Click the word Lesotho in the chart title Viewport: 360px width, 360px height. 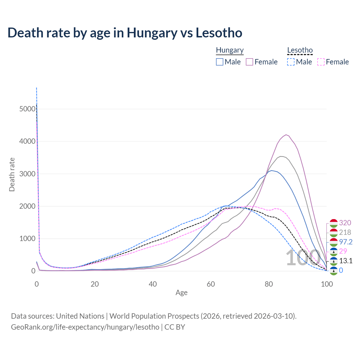coord(219,33)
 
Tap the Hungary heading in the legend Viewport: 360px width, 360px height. coord(230,50)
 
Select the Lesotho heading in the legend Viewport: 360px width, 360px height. coord(300,50)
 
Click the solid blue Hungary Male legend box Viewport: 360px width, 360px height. coord(220,62)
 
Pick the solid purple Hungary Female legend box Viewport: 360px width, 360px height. coord(250,62)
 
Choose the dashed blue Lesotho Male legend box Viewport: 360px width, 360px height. coord(291,62)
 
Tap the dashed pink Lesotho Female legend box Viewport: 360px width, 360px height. coord(321,62)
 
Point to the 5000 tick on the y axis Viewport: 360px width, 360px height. coord(27,109)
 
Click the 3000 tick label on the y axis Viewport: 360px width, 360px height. coord(27,174)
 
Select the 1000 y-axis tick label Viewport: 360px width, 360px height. coord(27,239)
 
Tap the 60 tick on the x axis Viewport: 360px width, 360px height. coord(211,284)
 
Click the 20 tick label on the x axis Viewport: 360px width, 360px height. coord(94,284)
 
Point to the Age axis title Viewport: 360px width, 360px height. coord(181,293)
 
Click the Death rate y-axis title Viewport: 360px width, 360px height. coord(12,174)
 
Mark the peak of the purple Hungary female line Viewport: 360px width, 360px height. coord(286,135)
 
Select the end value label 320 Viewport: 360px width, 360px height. coord(345,223)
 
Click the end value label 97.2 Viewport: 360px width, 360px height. coord(346,242)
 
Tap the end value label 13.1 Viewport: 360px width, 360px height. coord(346,261)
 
